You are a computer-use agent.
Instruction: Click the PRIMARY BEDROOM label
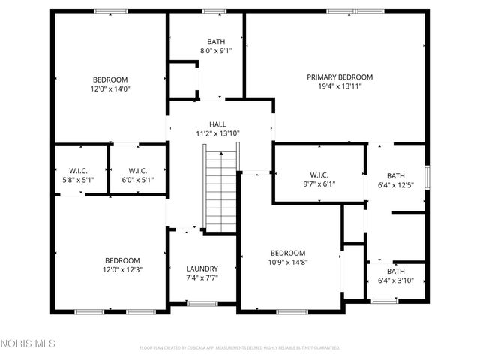click(340, 76)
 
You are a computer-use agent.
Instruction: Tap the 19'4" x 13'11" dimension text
click(340, 86)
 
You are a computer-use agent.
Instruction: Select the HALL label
click(217, 124)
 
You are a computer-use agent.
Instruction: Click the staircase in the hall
click(221, 190)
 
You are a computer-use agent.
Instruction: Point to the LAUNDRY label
click(202, 268)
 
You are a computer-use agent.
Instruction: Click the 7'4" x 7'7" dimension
click(202, 278)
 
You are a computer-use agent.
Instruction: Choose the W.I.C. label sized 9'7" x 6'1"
click(319, 174)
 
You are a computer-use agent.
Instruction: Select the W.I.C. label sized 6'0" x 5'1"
click(137, 170)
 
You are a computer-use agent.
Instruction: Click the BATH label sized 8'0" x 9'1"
click(216, 42)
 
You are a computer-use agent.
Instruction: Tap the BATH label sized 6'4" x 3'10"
click(394, 271)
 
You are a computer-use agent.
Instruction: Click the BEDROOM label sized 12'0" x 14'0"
click(110, 79)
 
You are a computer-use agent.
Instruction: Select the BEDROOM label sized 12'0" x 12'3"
click(122, 260)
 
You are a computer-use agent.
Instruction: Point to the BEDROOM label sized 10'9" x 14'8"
click(288, 253)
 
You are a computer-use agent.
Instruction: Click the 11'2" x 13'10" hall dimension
click(217, 133)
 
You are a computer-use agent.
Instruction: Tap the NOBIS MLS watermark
click(28, 344)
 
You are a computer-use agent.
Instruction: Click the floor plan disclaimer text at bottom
click(240, 348)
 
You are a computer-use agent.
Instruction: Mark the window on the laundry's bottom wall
click(202, 303)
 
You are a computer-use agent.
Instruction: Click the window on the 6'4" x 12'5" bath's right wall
click(427, 176)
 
